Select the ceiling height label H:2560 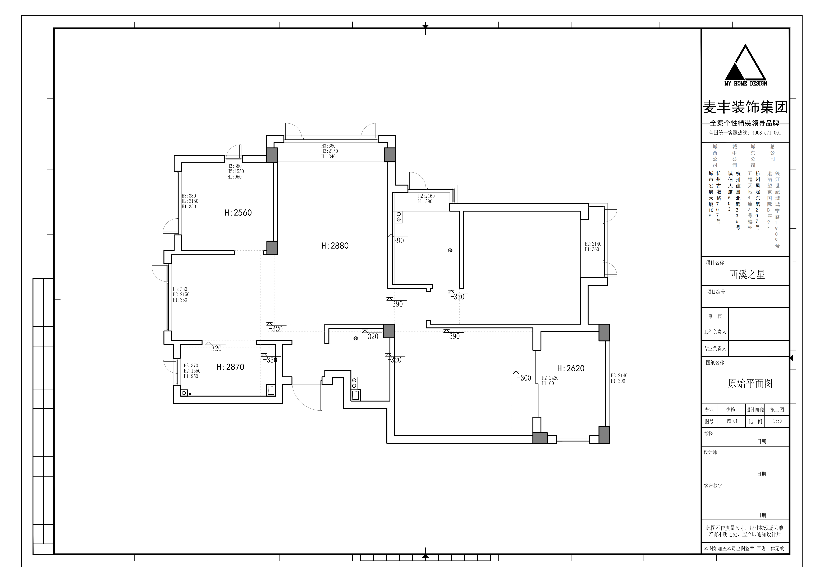pos(238,213)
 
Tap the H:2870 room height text pos(230,367)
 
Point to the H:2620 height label pos(571,368)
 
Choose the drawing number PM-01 pos(732,421)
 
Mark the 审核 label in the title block pos(715,316)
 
